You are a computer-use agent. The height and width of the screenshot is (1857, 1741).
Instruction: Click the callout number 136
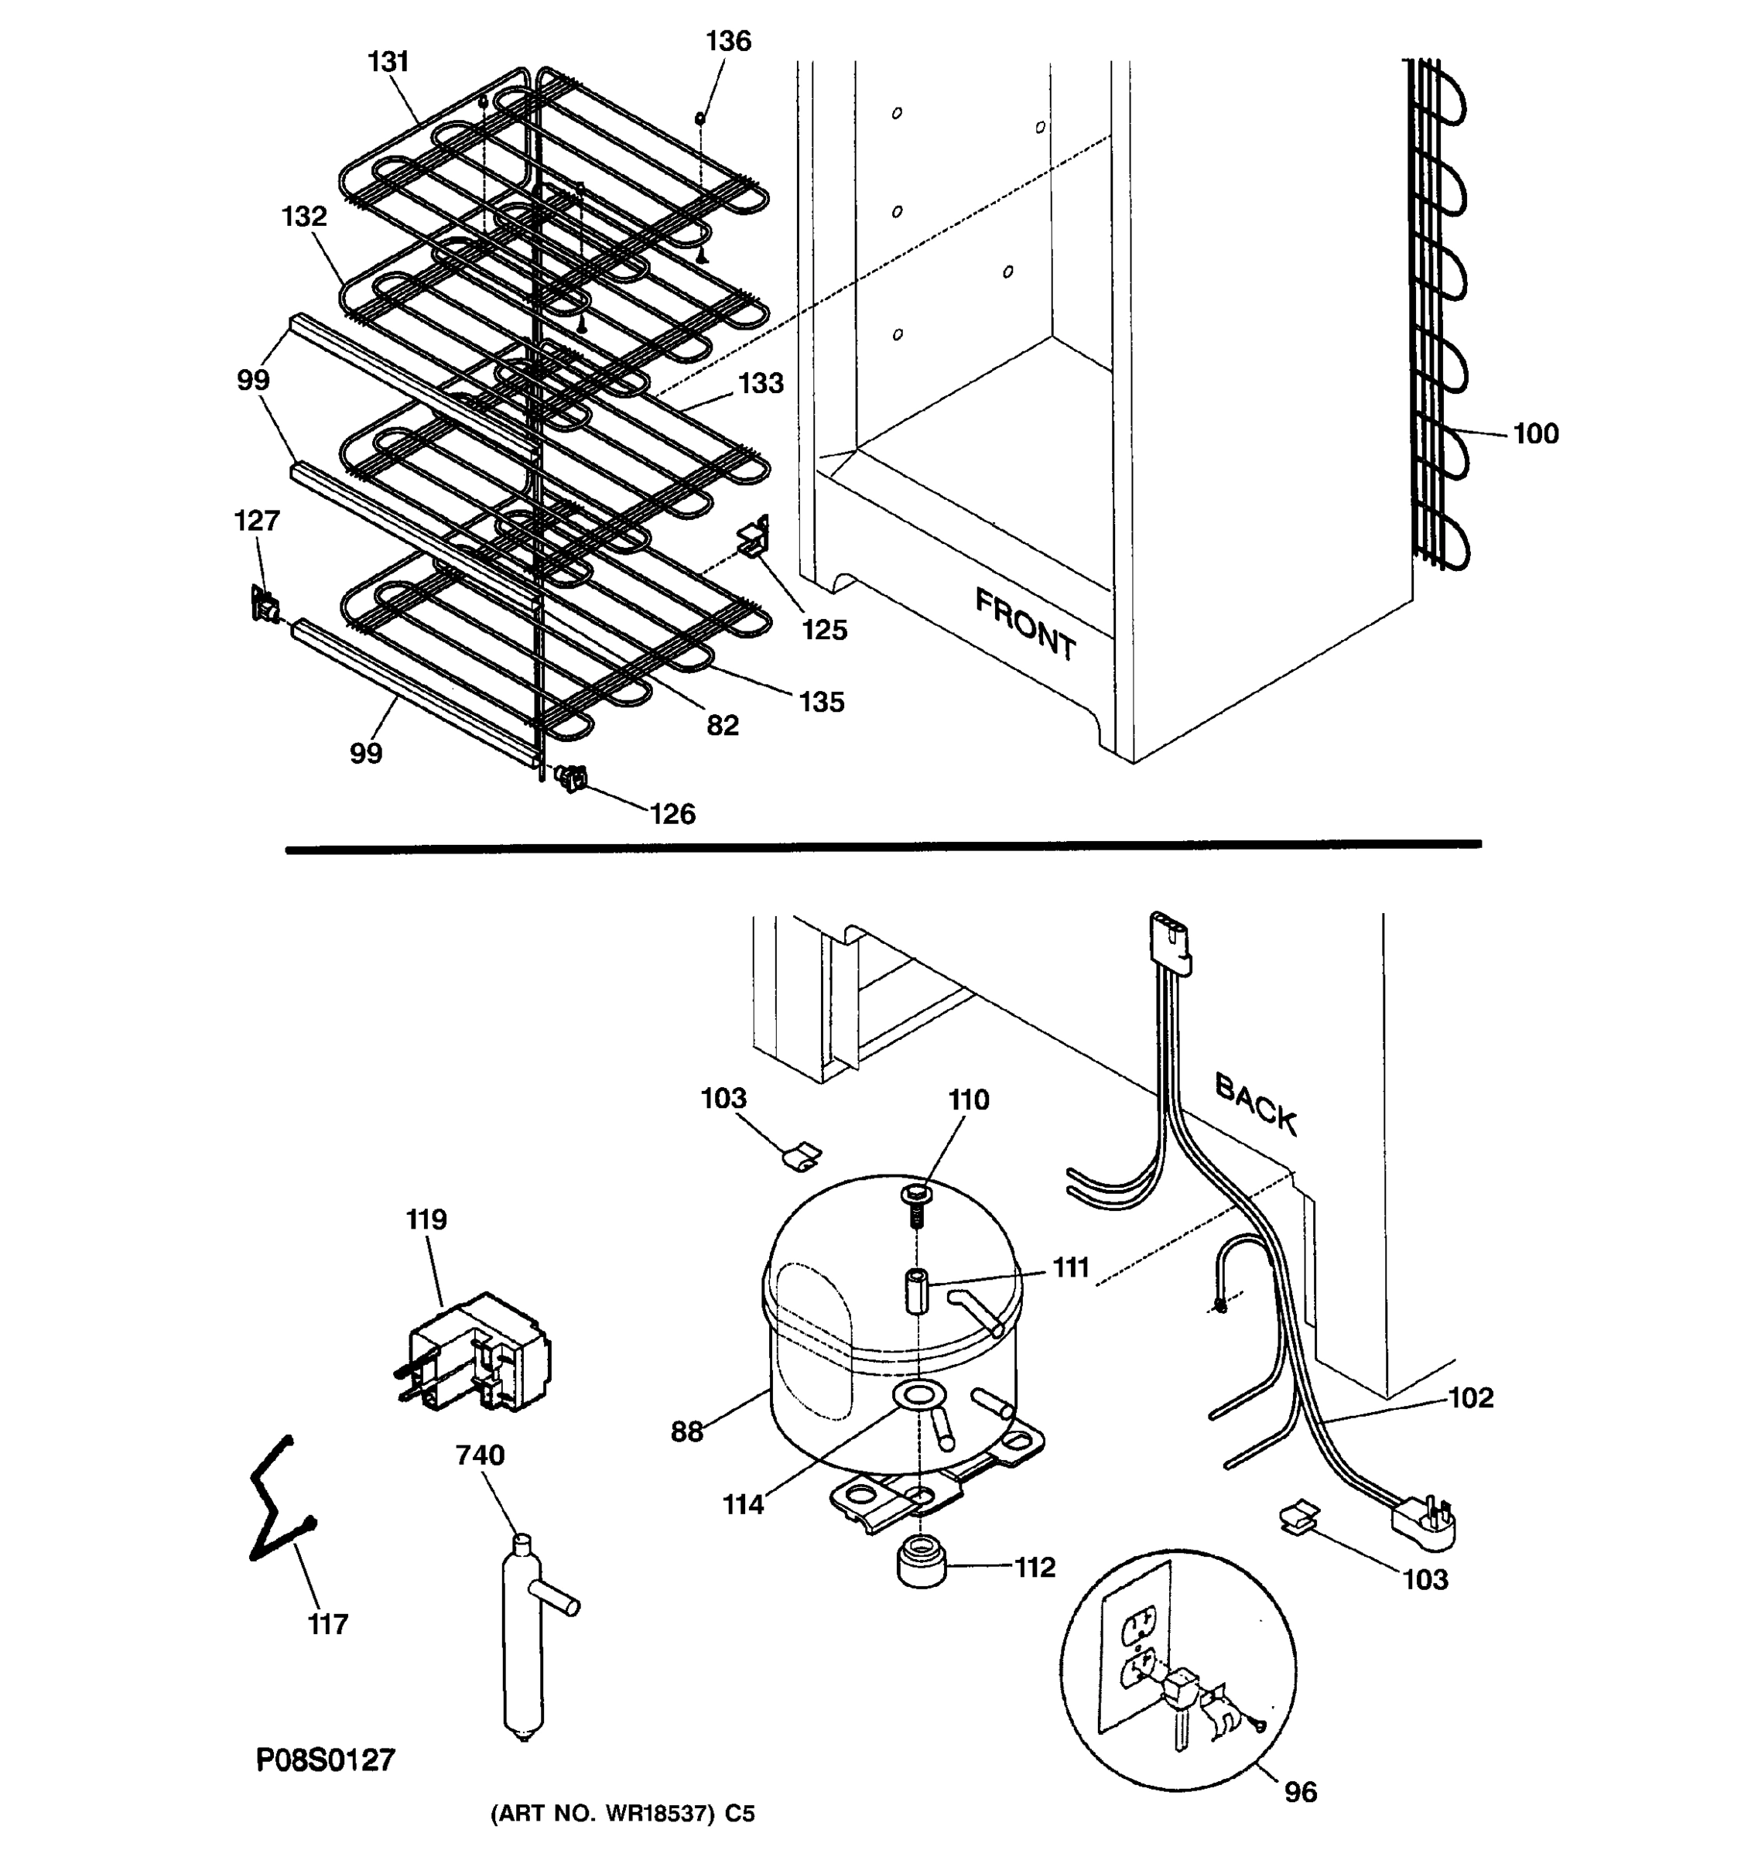(727, 41)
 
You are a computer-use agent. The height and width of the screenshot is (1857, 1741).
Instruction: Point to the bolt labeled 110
(915, 1206)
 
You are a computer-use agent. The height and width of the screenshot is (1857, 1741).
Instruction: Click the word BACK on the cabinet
(1255, 1104)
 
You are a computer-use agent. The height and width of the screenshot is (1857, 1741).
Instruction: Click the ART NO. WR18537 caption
(622, 1814)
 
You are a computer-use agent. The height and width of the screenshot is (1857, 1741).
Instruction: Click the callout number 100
(1535, 433)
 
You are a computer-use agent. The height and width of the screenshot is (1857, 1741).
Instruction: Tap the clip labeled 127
(265, 605)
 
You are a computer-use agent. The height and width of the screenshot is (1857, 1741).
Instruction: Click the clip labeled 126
(572, 777)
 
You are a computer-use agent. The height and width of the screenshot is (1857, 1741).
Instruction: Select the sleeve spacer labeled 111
(915, 1292)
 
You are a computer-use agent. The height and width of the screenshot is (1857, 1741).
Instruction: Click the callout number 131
(388, 62)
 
